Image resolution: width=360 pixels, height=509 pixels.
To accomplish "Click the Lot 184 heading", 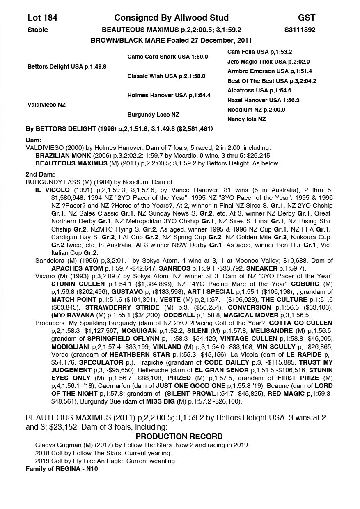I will pyautogui.click(x=42, y=18).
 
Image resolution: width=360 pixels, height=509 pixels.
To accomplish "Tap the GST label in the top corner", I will pyautogui.click(x=307, y=18).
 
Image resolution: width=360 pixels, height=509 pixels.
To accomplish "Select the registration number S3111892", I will pyautogui.click(x=300, y=30).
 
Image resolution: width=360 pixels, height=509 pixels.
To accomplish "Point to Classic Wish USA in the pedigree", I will pyautogui.click(x=166, y=76).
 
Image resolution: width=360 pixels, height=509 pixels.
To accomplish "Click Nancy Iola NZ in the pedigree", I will pyautogui.click(x=246, y=119).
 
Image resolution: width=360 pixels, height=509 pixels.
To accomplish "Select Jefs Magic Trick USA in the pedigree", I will pyautogui.click(x=268, y=62).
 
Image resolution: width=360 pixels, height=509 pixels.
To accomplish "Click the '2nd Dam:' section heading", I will pyautogui.click(x=37, y=174).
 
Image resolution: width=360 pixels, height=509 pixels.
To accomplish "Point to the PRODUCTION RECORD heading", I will pyautogui.click(x=179, y=436).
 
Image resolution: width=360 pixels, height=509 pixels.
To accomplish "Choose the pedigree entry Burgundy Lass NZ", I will pyautogui.click(x=153, y=115).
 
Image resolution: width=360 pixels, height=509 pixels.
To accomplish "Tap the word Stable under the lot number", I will pyautogui.click(x=37, y=30).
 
